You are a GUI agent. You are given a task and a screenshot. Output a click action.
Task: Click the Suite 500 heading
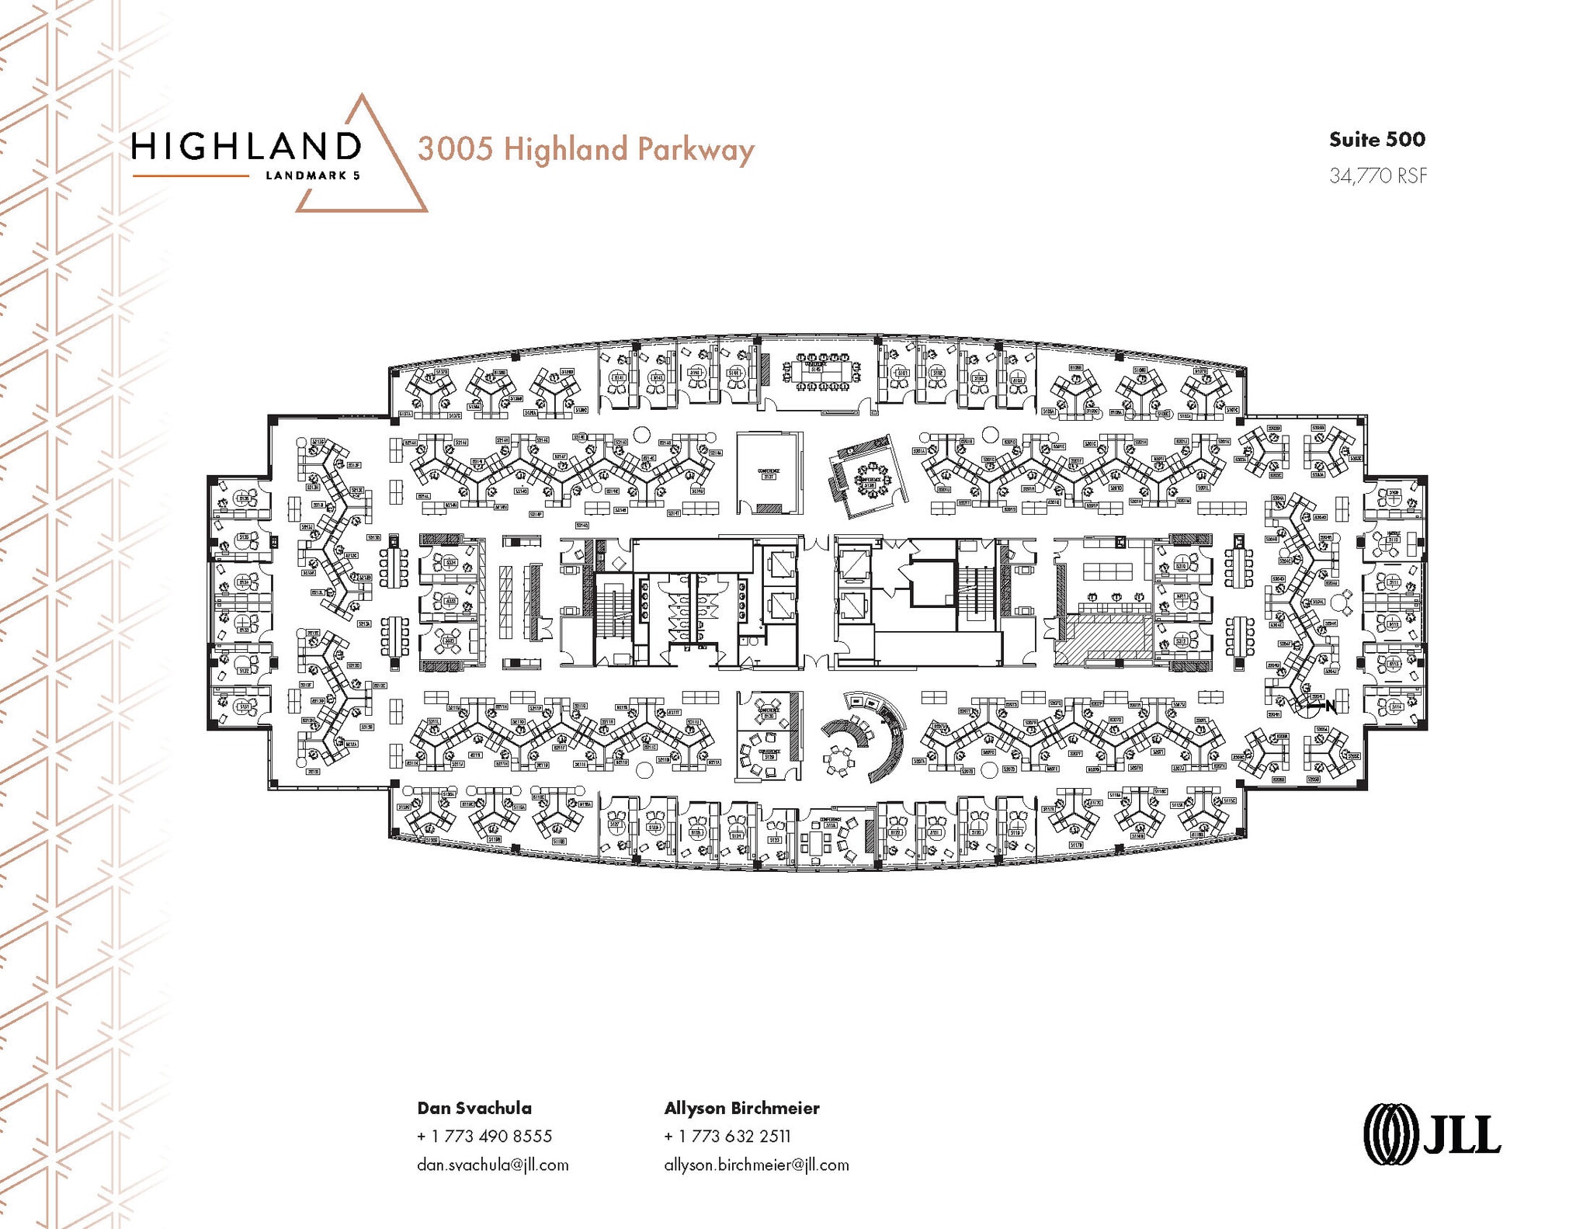(1376, 140)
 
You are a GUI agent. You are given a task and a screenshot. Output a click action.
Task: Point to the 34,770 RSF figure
(1378, 176)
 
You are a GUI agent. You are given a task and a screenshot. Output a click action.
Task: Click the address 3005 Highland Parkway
(585, 149)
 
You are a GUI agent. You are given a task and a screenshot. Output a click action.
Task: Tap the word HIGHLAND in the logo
(246, 146)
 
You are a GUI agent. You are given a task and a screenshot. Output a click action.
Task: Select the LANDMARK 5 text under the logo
(312, 175)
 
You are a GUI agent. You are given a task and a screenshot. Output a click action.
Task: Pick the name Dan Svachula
(474, 1108)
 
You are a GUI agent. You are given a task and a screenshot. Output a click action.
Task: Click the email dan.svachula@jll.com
(492, 1165)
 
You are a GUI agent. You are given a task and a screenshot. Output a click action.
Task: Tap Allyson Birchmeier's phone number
(727, 1136)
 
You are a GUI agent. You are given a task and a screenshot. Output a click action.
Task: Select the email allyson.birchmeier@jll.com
(756, 1165)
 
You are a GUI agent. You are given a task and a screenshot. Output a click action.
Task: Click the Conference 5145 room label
(815, 368)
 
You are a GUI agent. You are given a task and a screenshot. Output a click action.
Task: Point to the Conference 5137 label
(769, 474)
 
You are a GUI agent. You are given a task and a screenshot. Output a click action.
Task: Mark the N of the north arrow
(1331, 706)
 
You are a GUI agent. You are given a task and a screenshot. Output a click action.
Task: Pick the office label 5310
(1181, 566)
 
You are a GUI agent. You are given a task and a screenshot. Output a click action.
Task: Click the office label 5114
(1397, 707)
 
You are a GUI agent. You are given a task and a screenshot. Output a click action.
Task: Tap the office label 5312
(1181, 641)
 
